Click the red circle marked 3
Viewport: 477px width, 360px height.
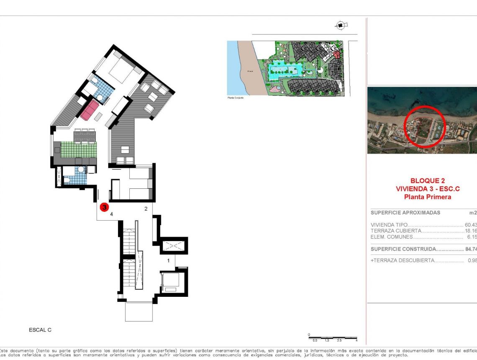[104, 207]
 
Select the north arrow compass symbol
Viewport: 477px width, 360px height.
[341, 26]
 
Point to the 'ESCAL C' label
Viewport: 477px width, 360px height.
[40, 330]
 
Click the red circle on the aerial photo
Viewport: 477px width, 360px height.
[425, 126]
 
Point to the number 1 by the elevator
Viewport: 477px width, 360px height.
[169, 260]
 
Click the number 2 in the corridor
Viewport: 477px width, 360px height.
[146, 208]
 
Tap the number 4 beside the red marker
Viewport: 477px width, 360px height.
[111, 214]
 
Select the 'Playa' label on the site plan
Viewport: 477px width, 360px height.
[250, 72]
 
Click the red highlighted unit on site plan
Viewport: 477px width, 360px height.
[337, 54]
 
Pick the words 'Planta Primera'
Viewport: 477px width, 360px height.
[427, 197]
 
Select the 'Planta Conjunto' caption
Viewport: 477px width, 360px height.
[235, 98]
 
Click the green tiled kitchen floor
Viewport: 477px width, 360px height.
[78, 150]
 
